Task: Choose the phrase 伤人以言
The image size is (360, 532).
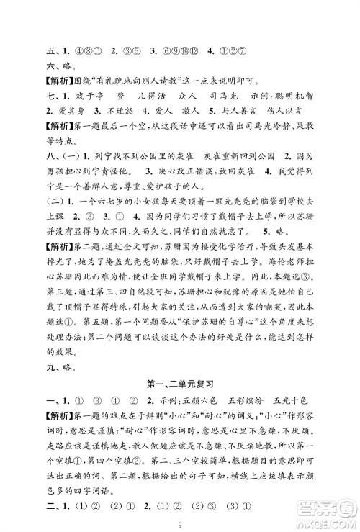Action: (x=294, y=113)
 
